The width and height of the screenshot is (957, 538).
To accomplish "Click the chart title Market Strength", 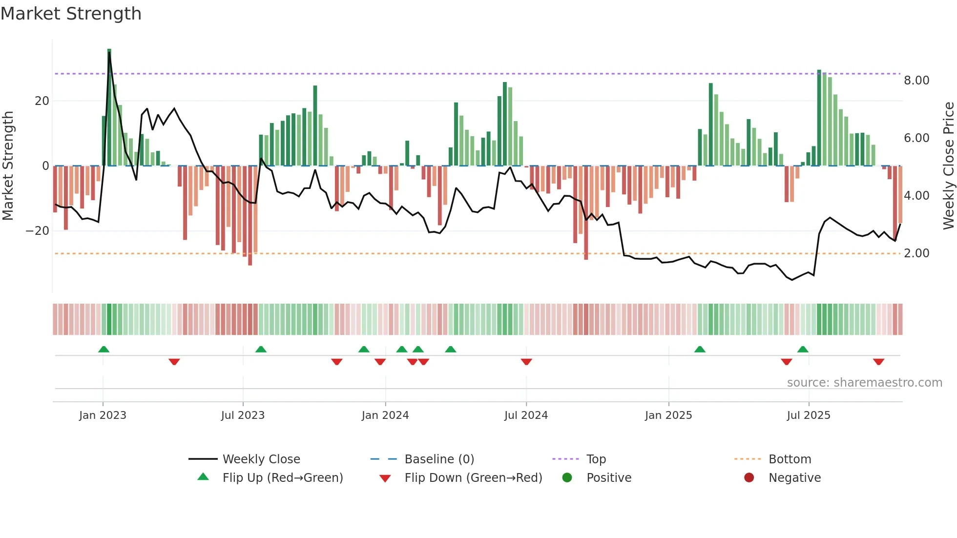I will click(71, 14).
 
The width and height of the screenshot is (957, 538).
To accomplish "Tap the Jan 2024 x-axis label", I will click(385, 415).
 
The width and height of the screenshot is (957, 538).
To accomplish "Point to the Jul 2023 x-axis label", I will click(243, 415).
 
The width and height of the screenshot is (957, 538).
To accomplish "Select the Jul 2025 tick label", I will click(808, 415).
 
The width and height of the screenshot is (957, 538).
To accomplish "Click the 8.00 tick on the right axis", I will click(916, 81).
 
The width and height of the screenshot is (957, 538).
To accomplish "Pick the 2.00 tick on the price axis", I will click(916, 253).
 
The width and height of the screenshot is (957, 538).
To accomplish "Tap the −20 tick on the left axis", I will click(38, 231).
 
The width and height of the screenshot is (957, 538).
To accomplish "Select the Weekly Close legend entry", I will click(261, 459).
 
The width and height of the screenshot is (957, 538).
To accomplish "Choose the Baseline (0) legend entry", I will click(439, 459).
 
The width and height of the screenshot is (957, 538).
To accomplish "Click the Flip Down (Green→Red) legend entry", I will click(473, 478).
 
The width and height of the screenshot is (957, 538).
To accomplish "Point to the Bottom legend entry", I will click(789, 459).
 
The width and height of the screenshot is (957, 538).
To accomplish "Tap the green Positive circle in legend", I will click(567, 478).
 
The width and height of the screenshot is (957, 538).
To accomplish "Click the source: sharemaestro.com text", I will click(864, 383).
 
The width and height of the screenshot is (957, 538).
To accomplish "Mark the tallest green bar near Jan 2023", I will click(109, 107).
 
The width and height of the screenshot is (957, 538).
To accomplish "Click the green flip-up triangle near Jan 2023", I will click(104, 350).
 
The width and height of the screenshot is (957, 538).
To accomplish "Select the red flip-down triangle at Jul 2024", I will click(526, 362).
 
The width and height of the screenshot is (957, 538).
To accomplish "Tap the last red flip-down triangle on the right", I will click(878, 362).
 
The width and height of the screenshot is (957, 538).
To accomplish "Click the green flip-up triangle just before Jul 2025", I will click(803, 350).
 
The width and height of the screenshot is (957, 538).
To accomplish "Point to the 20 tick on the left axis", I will click(42, 101).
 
